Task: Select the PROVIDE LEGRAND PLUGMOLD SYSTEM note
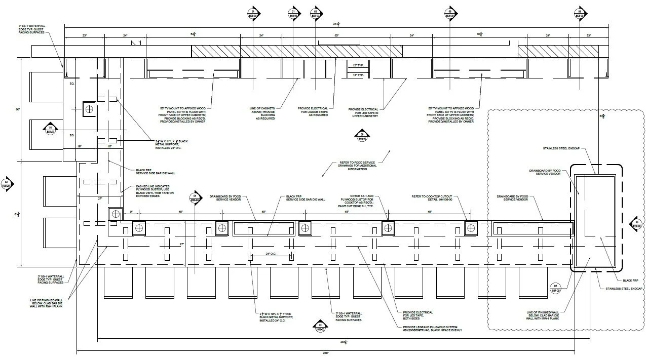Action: coord(432,329)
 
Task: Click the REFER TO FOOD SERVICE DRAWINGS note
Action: coord(357,166)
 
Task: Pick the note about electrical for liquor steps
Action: coord(314,111)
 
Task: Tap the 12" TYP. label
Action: coord(358,65)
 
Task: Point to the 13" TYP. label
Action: coord(358,74)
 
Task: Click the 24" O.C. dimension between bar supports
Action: coord(271,254)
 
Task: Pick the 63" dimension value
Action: coord(336,36)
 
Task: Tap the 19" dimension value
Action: coord(79,146)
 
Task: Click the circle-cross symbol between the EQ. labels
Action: coord(90,108)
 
